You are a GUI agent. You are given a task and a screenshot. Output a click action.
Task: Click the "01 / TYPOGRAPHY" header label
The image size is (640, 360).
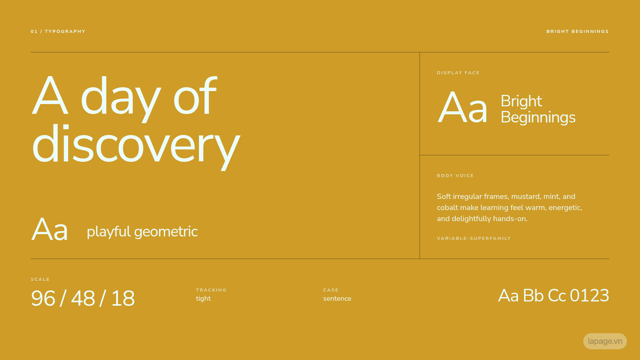tap(58, 31)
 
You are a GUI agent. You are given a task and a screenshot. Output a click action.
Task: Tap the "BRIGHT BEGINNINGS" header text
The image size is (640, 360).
tap(578, 31)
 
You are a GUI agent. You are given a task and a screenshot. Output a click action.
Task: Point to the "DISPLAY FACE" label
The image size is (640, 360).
tap(458, 73)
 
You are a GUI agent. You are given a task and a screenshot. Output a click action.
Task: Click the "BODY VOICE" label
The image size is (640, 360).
tap(455, 176)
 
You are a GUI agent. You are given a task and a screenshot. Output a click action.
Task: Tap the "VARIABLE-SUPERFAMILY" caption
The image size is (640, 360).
tap(474, 238)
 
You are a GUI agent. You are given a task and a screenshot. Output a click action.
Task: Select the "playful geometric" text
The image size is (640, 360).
tap(142, 232)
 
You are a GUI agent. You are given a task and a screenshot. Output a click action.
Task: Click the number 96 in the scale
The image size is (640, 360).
tap(43, 298)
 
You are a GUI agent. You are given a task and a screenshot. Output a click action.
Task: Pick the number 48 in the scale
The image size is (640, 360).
tap(83, 298)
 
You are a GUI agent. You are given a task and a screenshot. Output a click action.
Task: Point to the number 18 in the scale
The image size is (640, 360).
tap(123, 298)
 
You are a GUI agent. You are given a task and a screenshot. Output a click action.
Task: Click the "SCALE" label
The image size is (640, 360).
tap(40, 279)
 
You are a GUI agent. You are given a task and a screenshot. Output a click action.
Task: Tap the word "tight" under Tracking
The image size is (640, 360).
tap(203, 299)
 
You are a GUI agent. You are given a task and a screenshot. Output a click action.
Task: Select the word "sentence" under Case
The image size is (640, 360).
tap(337, 299)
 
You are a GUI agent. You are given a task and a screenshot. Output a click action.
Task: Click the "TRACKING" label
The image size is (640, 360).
tap(211, 290)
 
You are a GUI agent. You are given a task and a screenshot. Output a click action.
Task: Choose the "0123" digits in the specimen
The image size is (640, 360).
tap(589, 295)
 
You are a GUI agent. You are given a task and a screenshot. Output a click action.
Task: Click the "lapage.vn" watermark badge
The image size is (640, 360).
tap(605, 341)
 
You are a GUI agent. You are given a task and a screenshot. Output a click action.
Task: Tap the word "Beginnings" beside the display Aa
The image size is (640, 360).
tap(538, 117)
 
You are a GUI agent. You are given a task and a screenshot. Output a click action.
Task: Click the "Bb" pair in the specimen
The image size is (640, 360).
tap(533, 295)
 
